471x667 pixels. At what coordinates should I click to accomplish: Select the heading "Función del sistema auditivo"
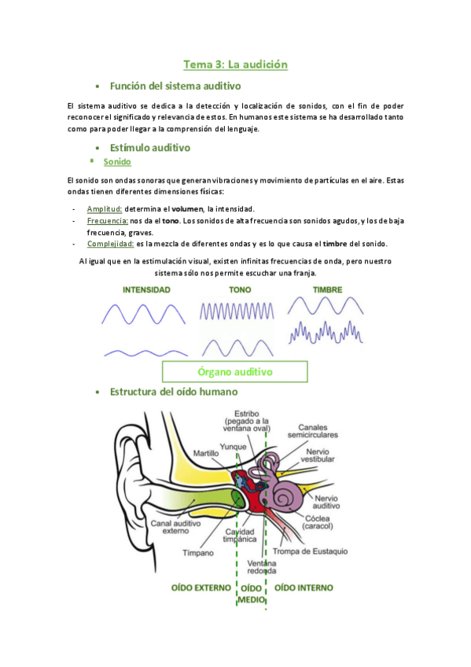175,86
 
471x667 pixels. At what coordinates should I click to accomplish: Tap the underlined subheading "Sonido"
117,162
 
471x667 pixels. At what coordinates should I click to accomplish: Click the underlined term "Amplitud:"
105,208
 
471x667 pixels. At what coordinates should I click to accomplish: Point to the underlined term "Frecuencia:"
109,221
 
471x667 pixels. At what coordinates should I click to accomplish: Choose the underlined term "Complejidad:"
110,244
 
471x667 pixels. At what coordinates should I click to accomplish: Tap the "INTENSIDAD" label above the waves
146,290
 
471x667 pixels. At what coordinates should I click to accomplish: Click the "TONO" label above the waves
240,290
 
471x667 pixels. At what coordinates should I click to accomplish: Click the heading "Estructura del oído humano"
174,392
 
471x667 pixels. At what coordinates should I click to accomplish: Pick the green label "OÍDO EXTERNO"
201,588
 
